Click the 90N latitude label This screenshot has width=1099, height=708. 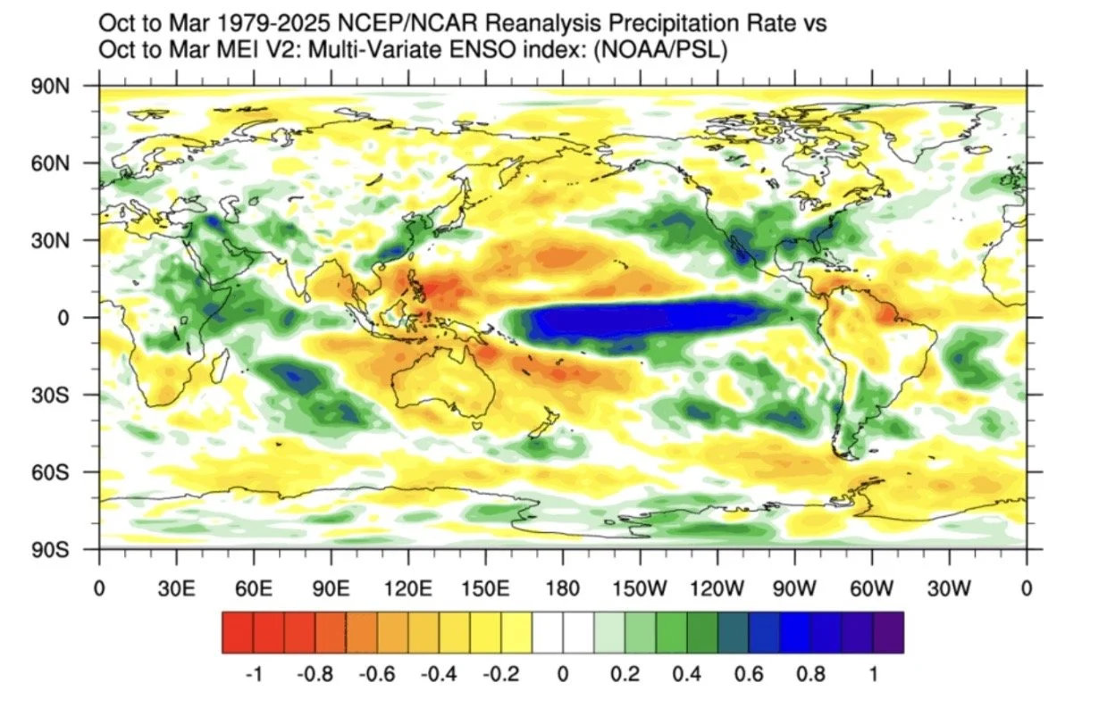(51, 87)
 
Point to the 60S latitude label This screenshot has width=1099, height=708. (51, 473)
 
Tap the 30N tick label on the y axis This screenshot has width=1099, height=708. (51, 241)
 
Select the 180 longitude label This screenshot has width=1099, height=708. (563, 588)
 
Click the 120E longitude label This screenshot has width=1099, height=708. (408, 588)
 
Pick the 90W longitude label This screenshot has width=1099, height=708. (794, 588)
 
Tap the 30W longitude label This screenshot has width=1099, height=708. (949, 588)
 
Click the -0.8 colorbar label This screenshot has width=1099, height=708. (315, 675)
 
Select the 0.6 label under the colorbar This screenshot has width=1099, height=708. (749, 675)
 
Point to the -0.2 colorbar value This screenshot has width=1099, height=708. (501, 675)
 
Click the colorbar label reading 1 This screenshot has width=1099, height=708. (873, 675)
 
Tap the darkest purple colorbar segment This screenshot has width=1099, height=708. (888, 632)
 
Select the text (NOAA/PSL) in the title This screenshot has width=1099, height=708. (660, 49)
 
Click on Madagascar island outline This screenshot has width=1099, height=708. (221, 367)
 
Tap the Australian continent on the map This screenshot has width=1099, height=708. (441, 381)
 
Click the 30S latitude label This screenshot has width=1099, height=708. (51, 396)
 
